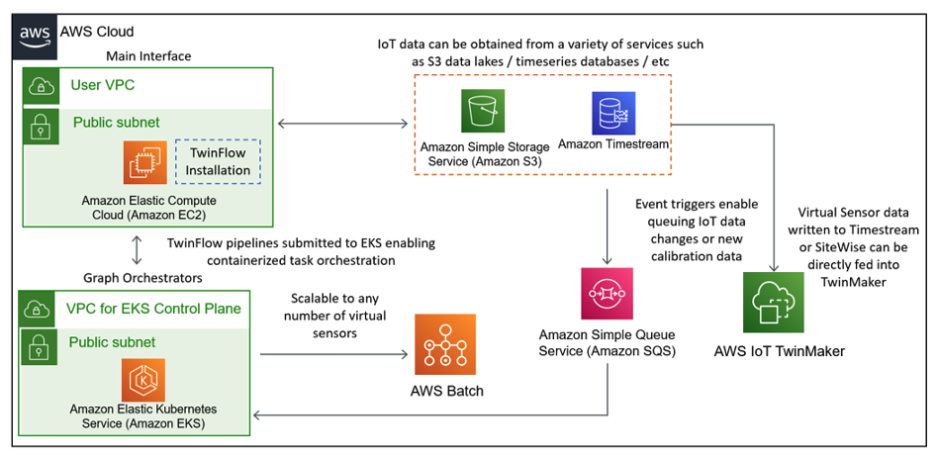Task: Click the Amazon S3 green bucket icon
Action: (484, 111)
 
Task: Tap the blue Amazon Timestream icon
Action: (612, 113)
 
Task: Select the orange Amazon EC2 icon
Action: (145, 162)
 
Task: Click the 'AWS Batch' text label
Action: (446, 391)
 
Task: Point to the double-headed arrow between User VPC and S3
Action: (343, 124)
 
